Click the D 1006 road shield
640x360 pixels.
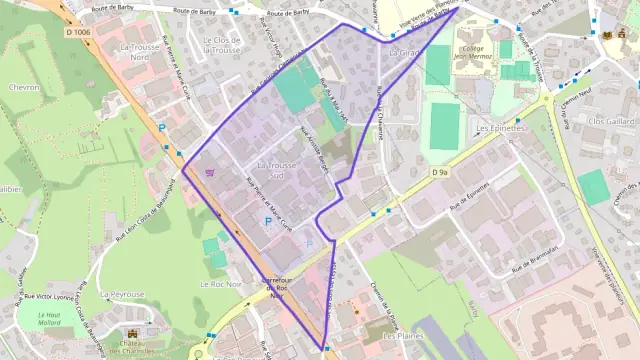(x=77, y=32)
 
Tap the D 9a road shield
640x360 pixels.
(x=440, y=172)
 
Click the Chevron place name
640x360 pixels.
(x=24, y=87)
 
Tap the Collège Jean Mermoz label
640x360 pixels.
(x=477, y=54)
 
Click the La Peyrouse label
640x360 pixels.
(x=123, y=295)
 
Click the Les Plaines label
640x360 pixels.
(x=403, y=336)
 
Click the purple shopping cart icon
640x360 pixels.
(x=209, y=173)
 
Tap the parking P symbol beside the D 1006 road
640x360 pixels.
(x=162, y=127)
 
